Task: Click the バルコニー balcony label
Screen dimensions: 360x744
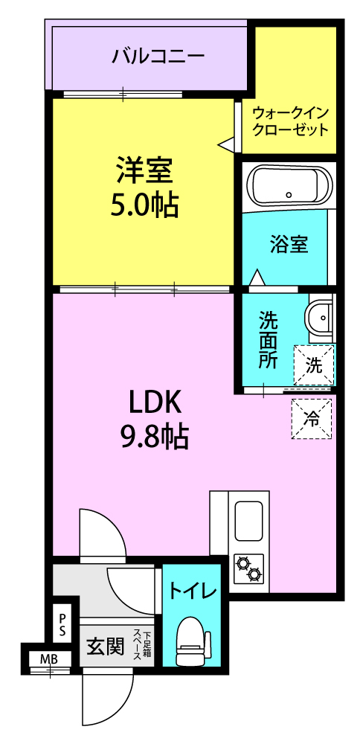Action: (158, 57)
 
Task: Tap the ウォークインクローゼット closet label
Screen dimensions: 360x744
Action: (290, 121)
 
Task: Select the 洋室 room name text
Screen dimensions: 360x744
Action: (144, 170)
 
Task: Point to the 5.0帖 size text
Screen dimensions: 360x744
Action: (144, 205)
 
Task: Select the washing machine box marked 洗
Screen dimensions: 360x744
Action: (314, 365)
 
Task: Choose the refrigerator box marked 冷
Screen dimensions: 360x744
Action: (311, 418)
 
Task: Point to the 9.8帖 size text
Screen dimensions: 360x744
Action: (153, 438)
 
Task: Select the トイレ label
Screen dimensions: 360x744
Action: (193, 591)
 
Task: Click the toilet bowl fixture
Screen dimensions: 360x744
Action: (190, 641)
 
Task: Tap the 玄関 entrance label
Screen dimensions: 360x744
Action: (105, 645)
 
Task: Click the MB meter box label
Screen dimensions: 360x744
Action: (49, 658)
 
